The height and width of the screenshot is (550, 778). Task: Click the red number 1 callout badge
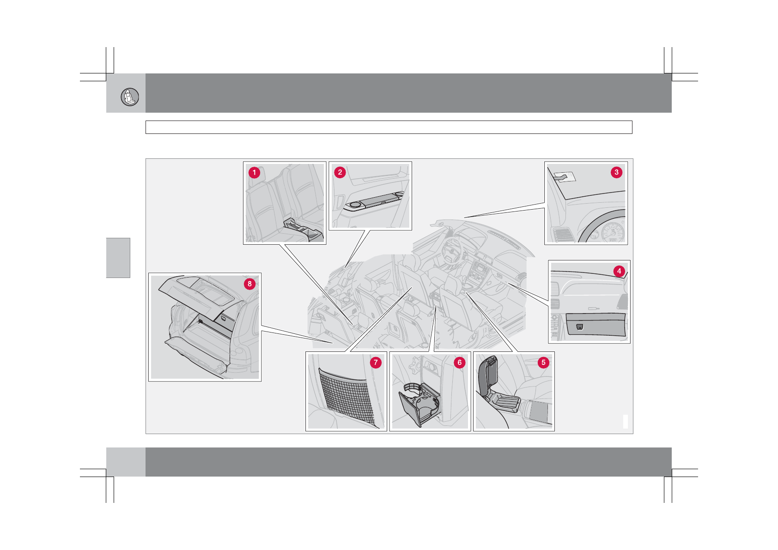[x=254, y=173]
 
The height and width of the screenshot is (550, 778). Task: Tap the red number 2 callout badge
[x=340, y=172]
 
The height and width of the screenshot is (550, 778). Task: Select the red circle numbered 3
[x=616, y=172]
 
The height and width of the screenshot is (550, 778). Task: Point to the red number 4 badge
[x=619, y=271]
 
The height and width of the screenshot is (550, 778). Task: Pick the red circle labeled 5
[x=544, y=363]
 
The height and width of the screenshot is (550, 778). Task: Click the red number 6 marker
[x=460, y=363]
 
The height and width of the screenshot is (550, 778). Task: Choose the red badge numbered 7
[x=376, y=363]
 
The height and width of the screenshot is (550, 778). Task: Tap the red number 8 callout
[x=249, y=284]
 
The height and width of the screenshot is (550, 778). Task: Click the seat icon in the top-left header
[x=130, y=97]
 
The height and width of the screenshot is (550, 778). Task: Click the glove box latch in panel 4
[x=580, y=327]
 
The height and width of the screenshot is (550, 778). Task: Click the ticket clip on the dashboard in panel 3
[x=565, y=177]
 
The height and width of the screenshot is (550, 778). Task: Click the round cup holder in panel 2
[x=355, y=205]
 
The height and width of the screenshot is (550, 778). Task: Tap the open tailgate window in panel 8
[x=205, y=290]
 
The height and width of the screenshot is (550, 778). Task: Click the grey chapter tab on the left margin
[x=118, y=258]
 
